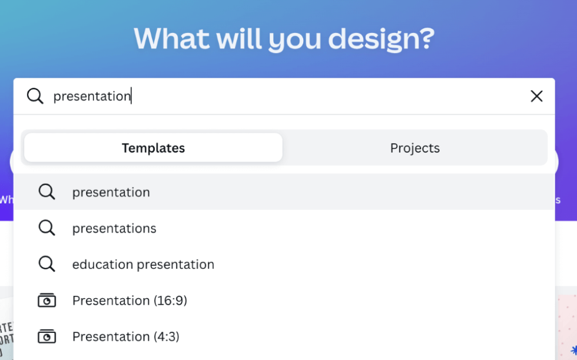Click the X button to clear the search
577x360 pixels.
pos(536,96)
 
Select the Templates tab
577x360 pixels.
pos(153,148)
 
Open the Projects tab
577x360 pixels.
pos(414,148)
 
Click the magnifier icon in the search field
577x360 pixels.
pos(35,96)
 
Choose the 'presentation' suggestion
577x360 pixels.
pos(111,192)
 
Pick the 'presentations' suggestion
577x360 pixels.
pos(114,228)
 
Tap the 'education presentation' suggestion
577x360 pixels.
pos(143,265)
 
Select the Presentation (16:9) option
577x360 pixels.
pos(130,300)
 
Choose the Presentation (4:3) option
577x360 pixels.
pos(126,336)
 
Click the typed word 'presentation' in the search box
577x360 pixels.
pos(92,96)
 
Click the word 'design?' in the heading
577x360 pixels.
pos(381,38)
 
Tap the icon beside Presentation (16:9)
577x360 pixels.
pos(47,300)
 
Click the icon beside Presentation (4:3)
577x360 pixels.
pos(47,336)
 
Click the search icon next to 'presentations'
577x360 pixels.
pos(47,228)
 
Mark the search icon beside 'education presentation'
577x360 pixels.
pos(47,265)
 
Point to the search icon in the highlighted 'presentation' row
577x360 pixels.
pos(47,192)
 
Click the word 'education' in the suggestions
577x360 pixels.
pos(100,265)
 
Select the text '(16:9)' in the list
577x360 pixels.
pos(170,300)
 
